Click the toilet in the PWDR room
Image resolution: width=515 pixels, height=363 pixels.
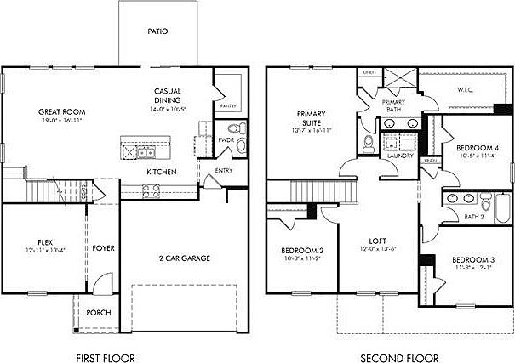(240, 129)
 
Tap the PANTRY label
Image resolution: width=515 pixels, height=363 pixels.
(227, 107)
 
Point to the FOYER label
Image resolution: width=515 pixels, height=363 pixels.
(104, 248)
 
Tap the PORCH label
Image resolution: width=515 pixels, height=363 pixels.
(98, 312)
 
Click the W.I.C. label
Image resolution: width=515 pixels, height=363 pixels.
(465, 88)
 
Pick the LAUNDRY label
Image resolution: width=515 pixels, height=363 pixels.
(399, 156)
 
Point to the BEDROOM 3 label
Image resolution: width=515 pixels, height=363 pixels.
(472, 259)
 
